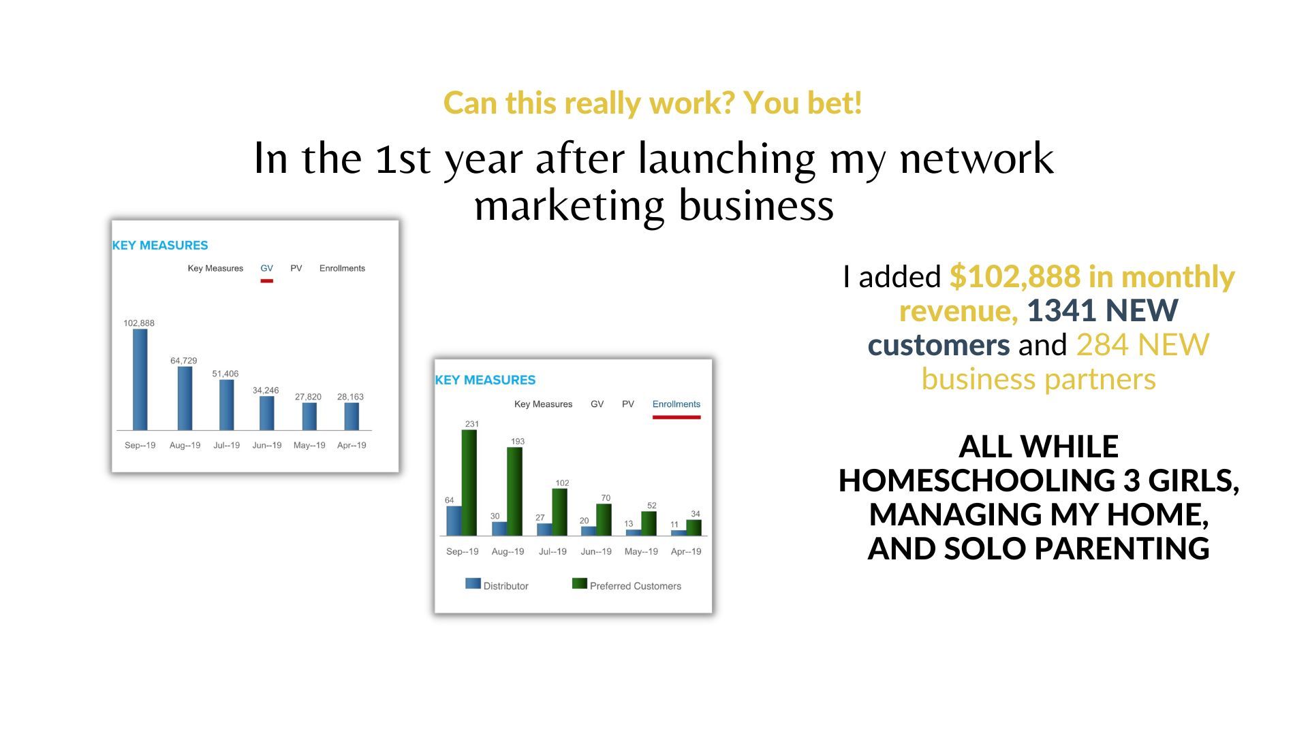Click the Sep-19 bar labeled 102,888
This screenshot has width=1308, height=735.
point(140,380)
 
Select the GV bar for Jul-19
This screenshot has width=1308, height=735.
point(226,405)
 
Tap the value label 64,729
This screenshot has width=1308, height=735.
point(184,361)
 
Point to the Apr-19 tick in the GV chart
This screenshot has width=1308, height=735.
point(352,445)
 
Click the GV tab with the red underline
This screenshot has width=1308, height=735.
point(266,268)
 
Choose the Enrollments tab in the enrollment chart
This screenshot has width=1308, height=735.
point(676,404)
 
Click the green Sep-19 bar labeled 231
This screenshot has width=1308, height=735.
point(469,483)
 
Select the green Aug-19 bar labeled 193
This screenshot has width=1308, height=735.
point(514,491)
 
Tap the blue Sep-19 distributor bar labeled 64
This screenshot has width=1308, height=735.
point(454,521)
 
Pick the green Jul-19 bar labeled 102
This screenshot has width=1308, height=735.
point(559,512)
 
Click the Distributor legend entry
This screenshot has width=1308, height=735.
point(497,585)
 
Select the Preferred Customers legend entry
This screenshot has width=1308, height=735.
point(627,585)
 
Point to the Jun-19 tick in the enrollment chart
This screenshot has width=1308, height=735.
point(596,551)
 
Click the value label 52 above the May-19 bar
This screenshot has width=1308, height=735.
point(652,506)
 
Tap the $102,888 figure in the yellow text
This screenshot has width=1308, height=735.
point(1015,277)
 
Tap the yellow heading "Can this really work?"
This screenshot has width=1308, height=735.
point(589,103)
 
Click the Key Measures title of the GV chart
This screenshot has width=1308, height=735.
point(160,245)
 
